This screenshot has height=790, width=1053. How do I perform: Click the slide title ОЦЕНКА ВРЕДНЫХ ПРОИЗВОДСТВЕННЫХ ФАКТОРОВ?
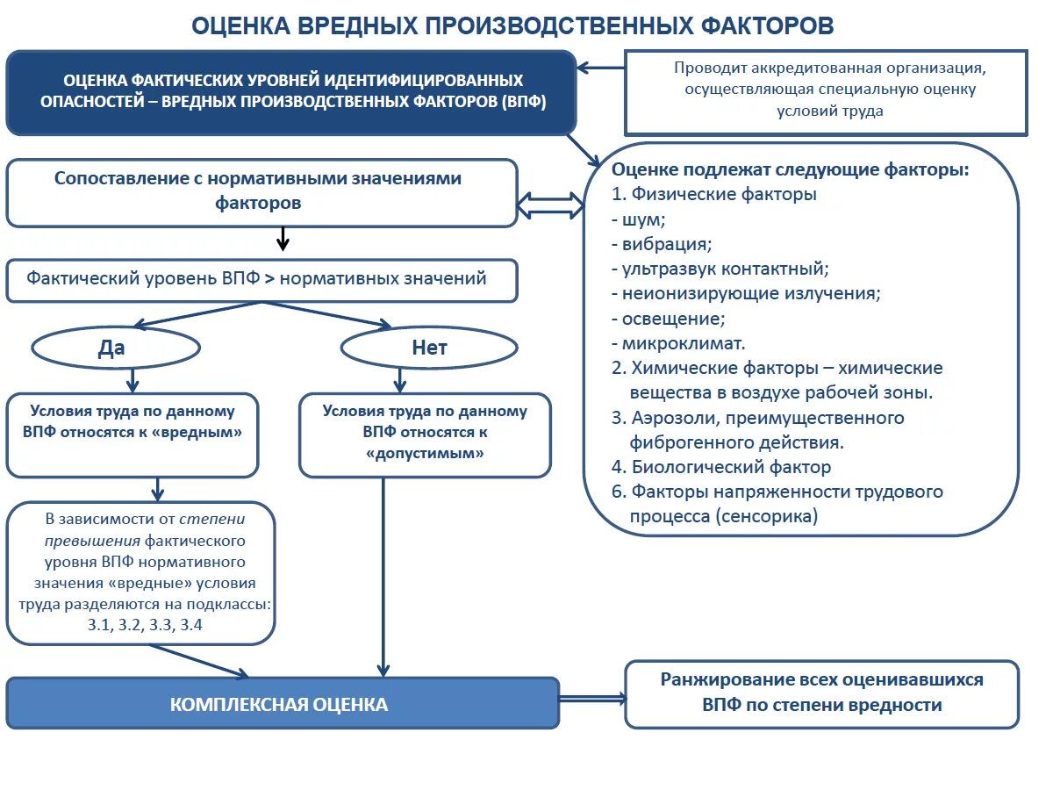pyautogui.click(x=512, y=25)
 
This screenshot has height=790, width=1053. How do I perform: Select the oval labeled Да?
pyautogui.click(x=115, y=348)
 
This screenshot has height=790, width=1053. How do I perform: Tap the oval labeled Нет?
pyautogui.click(x=429, y=348)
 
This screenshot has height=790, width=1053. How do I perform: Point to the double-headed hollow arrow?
pyautogui.click(x=550, y=205)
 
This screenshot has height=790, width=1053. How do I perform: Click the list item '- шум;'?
pyautogui.click(x=639, y=219)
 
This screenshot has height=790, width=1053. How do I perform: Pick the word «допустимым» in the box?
pyautogui.click(x=424, y=454)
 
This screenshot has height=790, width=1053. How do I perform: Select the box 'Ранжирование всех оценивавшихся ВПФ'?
pyautogui.click(x=821, y=693)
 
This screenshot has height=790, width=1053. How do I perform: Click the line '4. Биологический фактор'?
pyautogui.click(x=721, y=467)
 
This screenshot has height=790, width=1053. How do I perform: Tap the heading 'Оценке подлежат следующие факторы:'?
pyautogui.click(x=790, y=169)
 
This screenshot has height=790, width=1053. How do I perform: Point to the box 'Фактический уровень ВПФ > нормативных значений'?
pyautogui.click(x=261, y=280)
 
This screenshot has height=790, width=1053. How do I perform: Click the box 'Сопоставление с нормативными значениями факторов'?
pyautogui.click(x=261, y=191)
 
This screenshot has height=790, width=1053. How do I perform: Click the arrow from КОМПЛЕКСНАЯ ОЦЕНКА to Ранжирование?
pyautogui.click(x=591, y=699)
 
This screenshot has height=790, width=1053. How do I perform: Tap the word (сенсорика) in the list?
pyautogui.click(x=767, y=516)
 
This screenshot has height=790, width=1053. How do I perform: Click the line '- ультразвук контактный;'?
pyautogui.click(x=720, y=269)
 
